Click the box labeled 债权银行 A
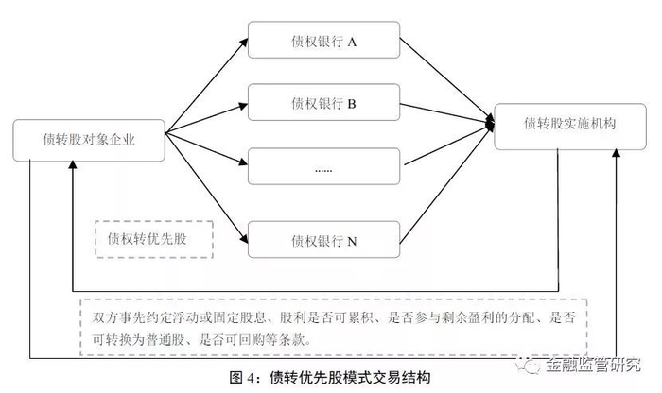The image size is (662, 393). coord(323,40)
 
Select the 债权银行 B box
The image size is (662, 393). coord(323,102)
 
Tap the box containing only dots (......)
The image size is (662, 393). coord(323,166)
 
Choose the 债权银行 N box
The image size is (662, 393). coord(323,240)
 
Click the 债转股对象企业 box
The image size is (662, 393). coord(89,141)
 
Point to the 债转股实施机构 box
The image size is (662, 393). coord(570,127)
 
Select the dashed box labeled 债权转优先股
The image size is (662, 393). coord(154,239)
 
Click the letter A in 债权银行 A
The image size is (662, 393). coord(352,43)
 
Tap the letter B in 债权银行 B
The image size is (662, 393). coord(351,104)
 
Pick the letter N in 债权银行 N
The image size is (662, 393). coord(352,242)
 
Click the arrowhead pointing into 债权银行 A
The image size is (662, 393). coord(244,42)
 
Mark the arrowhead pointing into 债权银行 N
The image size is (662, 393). coord(244,239)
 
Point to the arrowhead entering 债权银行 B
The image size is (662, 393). coord(243,106)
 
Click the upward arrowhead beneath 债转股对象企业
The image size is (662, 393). coord(73,164)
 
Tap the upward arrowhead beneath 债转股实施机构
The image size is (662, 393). coord(616,153)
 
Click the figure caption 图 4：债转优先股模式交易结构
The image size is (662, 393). coord(330,377)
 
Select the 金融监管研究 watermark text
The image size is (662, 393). coord(593,365)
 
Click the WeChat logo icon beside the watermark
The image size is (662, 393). coord(528,365)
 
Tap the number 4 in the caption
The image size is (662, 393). coord(251,378)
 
